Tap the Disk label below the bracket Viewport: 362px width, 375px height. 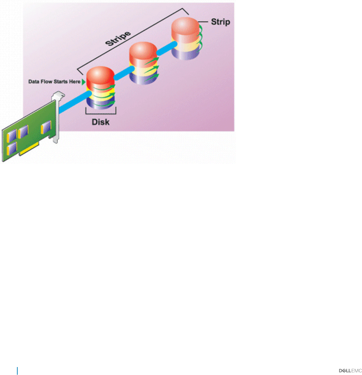(x=100, y=122)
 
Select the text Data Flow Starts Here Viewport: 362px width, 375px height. (x=54, y=82)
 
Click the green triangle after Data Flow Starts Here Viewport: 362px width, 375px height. (x=83, y=82)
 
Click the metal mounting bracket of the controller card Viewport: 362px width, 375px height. (x=56, y=114)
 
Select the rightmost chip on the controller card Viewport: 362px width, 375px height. (x=46, y=129)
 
